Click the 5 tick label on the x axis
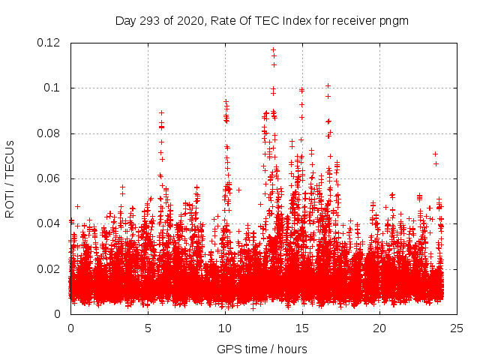point(148,328)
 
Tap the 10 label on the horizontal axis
point(225,328)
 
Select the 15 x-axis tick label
point(302,328)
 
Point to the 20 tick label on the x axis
point(379,328)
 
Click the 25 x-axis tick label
point(457,328)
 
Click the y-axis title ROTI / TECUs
point(10,178)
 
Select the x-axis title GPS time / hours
point(262,349)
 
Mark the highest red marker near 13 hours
point(273,50)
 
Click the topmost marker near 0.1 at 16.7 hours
point(328,85)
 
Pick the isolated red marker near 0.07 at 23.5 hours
point(435,154)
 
